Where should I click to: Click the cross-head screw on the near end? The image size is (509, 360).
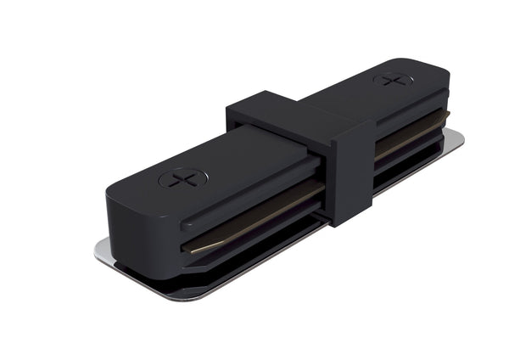(182, 178)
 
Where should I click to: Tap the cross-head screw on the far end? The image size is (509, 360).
(393, 80)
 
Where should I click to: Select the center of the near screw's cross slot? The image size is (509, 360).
(182, 178)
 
